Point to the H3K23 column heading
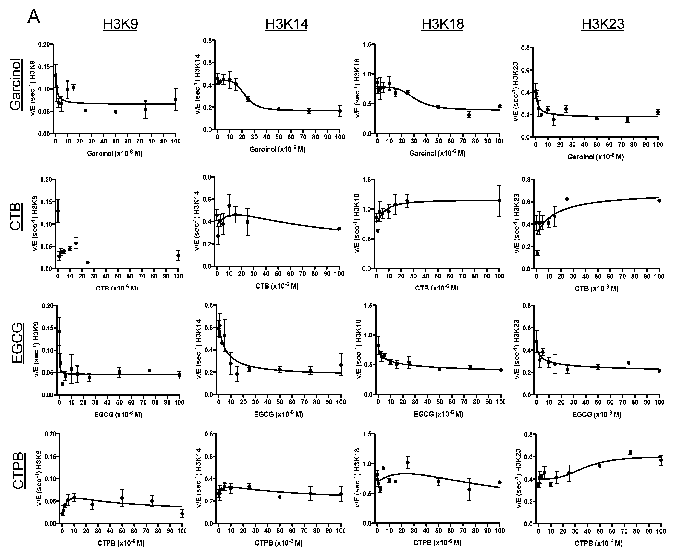pyautogui.click(x=602, y=24)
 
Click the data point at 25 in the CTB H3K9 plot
pyautogui.click(x=88, y=263)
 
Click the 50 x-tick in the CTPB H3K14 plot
pyautogui.click(x=280, y=531)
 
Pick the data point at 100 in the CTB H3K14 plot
pyautogui.click(x=339, y=228)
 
